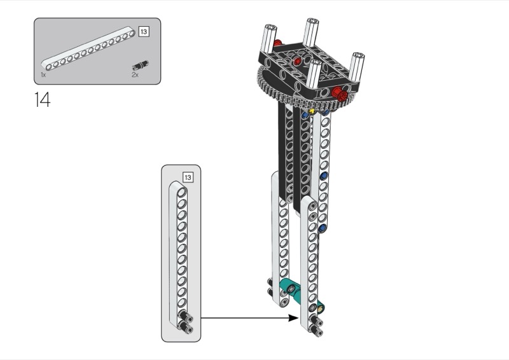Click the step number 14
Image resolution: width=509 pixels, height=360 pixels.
coord(42,99)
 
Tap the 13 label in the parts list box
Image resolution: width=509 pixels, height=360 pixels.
coord(144,32)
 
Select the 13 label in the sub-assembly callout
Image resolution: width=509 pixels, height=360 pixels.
coord(188,177)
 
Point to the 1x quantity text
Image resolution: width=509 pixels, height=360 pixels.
coord(43,74)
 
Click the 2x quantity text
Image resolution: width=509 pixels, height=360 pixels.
coord(135,74)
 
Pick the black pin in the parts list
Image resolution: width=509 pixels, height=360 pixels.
coord(140,66)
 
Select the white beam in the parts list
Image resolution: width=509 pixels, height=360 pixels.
coord(88,48)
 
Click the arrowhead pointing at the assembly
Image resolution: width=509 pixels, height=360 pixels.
coord(293,318)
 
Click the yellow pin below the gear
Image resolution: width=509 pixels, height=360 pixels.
coord(312,111)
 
